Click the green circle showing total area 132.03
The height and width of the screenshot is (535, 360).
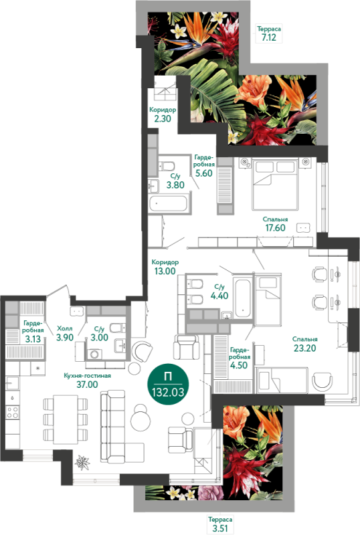(x=168, y=385)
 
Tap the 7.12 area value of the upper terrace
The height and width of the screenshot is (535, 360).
(x=269, y=37)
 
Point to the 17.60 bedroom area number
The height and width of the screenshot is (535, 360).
(x=275, y=227)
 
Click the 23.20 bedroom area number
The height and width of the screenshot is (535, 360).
(x=304, y=348)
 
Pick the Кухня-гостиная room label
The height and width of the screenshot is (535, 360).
(x=88, y=376)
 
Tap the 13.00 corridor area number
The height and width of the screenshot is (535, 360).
(x=165, y=272)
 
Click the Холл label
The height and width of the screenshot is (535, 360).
(x=64, y=328)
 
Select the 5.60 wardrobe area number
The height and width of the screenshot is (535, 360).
(x=204, y=173)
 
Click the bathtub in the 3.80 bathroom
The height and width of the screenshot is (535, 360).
(x=169, y=203)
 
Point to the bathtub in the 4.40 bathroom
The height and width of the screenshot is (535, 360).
(x=243, y=297)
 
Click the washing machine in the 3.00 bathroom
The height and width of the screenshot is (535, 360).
(x=94, y=354)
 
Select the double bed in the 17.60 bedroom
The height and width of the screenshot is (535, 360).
(x=274, y=185)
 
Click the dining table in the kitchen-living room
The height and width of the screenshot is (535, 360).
(x=66, y=419)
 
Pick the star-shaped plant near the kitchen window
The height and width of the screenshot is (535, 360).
(x=82, y=463)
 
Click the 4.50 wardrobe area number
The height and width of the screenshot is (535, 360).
(x=239, y=365)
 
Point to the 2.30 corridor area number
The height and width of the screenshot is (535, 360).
(x=163, y=119)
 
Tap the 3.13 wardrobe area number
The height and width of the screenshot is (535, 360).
(x=33, y=339)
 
